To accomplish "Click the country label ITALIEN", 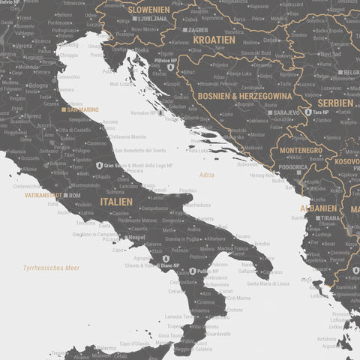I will (116, 202).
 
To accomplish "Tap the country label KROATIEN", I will (213, 39).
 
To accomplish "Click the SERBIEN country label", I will (334, 103).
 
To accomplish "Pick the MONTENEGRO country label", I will (301, 151).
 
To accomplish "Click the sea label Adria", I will (206, 175).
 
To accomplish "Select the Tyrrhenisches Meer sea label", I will (51, 267).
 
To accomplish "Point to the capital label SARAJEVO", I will (286, 112).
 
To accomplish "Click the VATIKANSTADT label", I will (42, 195).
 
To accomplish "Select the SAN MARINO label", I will (82, 109).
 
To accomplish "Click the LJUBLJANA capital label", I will (154, 18).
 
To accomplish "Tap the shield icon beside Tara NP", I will (308, 112).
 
